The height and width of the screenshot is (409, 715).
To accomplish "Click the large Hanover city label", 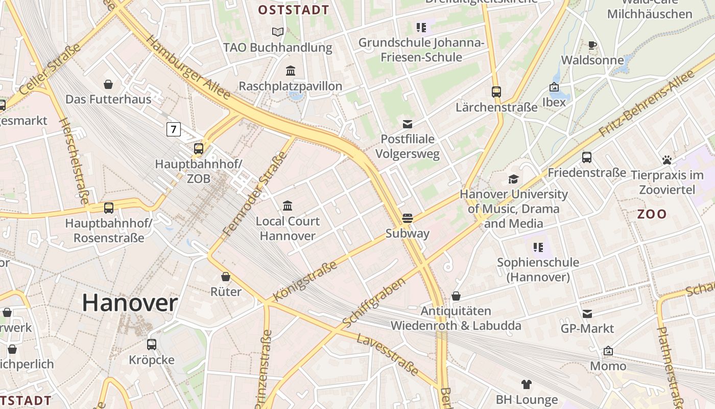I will [x=130, y=303].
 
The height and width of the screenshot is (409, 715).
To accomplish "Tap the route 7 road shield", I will [x=173, y=129].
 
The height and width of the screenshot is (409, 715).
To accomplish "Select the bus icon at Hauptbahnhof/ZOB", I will [x=199, y=149].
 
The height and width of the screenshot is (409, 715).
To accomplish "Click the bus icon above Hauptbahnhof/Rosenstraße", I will [x=109, y=208].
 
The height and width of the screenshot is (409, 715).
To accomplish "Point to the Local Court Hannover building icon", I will [x=288, y=206].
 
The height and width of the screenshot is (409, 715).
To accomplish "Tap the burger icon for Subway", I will [x=407, y=218].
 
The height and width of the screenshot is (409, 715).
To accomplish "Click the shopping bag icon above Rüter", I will [x=226, y=277].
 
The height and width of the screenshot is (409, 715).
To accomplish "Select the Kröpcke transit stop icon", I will [x=152, y=345].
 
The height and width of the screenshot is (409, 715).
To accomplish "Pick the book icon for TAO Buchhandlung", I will [x=277, y=32].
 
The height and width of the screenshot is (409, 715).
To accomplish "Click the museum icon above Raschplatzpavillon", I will [x=291, y=71].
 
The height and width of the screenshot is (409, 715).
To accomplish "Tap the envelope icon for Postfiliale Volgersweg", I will [x=408, y=124].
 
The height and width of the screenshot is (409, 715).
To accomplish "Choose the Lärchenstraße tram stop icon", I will [x=496, y=92].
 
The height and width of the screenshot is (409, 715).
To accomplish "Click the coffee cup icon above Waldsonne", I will [x=592, y=45].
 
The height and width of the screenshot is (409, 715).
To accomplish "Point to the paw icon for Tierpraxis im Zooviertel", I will [x=666, y=160].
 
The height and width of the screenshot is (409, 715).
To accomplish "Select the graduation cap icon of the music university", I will [x=513, y=179].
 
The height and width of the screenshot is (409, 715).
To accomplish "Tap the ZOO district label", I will [x=652, y=214].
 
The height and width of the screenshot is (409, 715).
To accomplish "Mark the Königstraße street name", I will [x=305, y=281].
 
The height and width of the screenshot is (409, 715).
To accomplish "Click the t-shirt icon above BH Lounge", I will [x=527, y=384].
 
